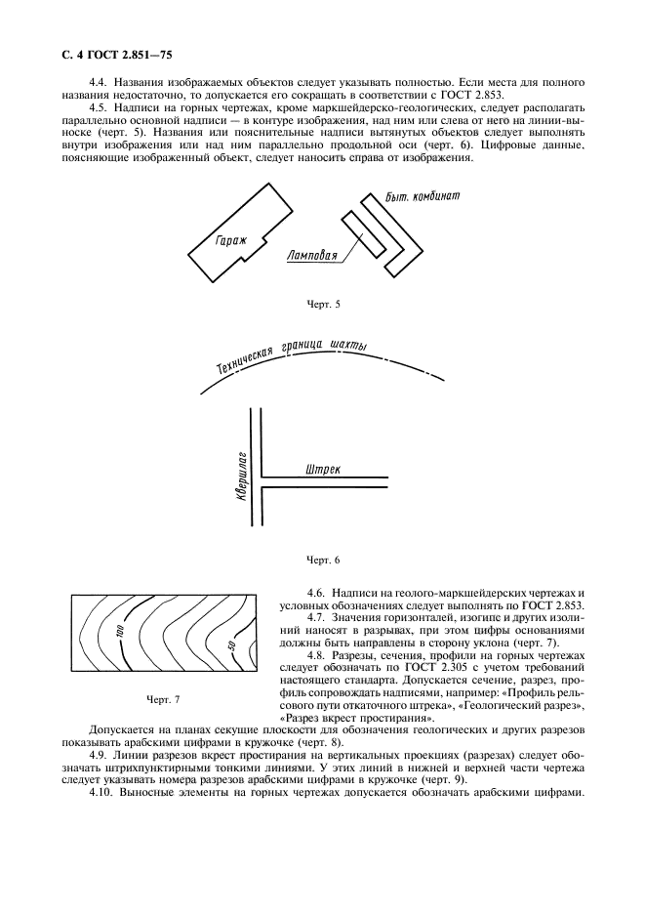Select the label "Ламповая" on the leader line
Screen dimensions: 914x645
point(313,257)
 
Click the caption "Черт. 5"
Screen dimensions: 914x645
point(322,305)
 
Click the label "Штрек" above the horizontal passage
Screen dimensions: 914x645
point(323,469)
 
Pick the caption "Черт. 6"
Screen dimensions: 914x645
point(322,560)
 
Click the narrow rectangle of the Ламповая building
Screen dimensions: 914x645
point(360,234)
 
